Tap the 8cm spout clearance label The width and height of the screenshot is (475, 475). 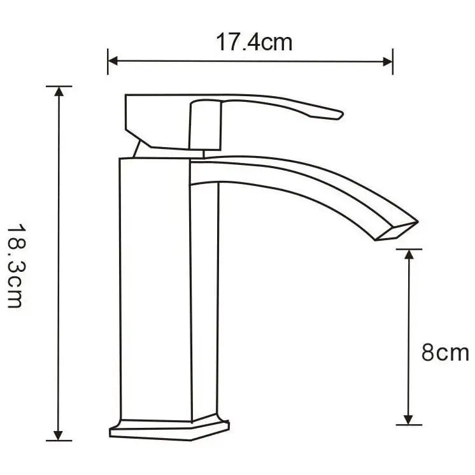click(444, 353)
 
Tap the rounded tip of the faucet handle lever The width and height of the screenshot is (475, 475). click(337, 115)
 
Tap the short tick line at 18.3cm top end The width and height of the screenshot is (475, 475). click(59, 86)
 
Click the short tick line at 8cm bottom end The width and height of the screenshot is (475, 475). click(409, 425)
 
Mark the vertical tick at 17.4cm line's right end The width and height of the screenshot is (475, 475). click(392, 62)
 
